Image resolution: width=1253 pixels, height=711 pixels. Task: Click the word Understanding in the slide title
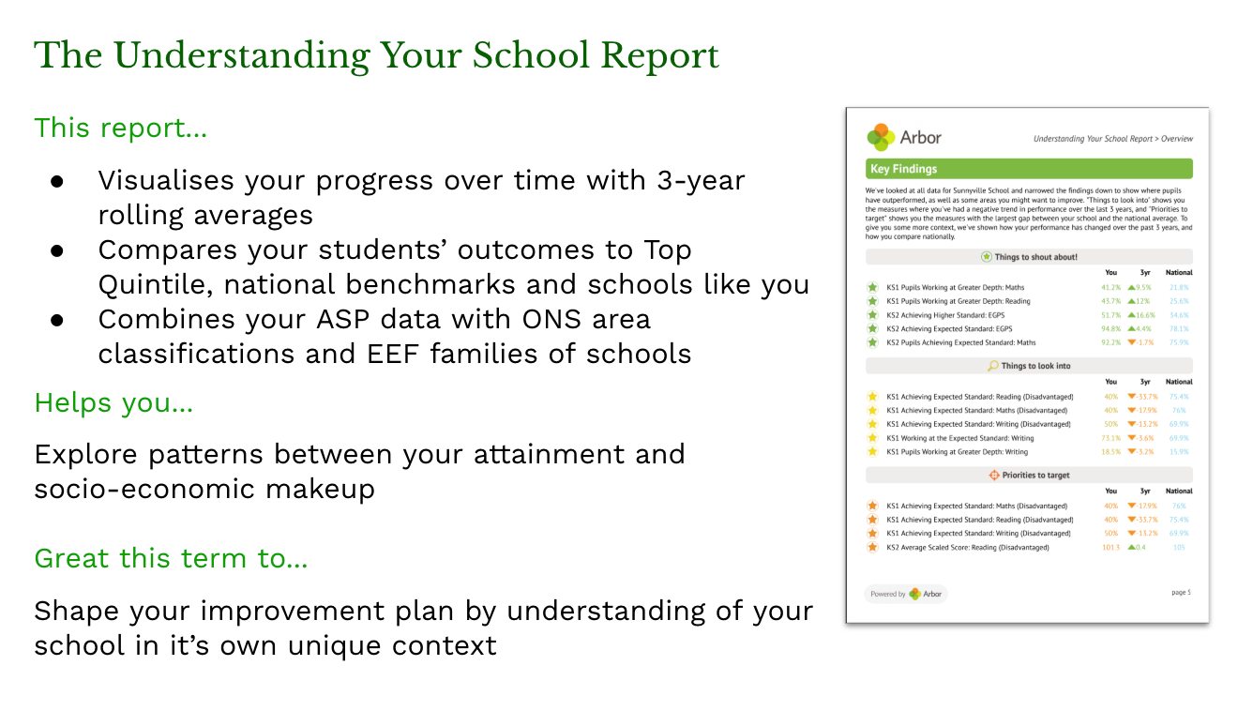240,56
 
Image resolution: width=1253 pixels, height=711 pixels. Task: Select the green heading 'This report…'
120,129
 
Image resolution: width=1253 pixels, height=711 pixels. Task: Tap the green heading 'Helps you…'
113,403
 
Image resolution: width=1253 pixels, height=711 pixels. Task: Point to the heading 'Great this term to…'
171,559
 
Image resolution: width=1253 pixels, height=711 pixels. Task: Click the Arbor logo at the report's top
904,137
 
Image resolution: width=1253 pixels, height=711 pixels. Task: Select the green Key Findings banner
1028,170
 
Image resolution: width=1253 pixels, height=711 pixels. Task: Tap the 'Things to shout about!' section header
1028,257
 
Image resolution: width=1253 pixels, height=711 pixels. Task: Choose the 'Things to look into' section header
1028,366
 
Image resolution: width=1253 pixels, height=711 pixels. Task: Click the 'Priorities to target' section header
1028,476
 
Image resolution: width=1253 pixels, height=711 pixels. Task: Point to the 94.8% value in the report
1110,329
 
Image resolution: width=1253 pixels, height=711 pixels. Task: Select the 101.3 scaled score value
1110,548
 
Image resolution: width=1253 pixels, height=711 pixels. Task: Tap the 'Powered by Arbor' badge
905,594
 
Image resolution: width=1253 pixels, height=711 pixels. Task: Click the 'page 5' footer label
1181,593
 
